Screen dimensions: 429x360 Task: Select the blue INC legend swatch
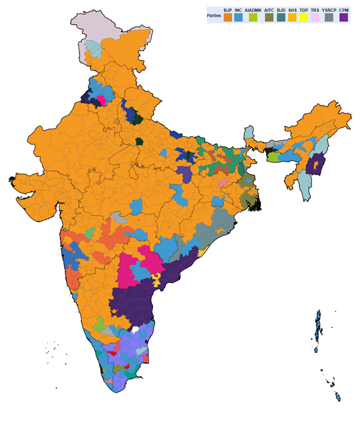coord(239,17)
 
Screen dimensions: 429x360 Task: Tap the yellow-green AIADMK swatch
coord(253,17)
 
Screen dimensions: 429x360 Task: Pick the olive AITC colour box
coord(268,17)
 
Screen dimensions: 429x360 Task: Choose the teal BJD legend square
coord(281,17)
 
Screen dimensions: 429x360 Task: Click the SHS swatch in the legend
coord(293,17)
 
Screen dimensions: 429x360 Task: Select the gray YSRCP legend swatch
coord(329,17)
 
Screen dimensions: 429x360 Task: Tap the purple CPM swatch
coord(343,17)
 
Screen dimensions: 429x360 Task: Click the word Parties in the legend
coord(214,14)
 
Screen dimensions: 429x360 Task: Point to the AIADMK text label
coord(253,10)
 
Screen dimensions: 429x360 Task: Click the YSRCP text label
coord(329,10)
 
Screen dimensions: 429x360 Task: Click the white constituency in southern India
coord(135,330)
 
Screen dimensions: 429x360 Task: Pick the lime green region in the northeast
coord(274,156)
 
